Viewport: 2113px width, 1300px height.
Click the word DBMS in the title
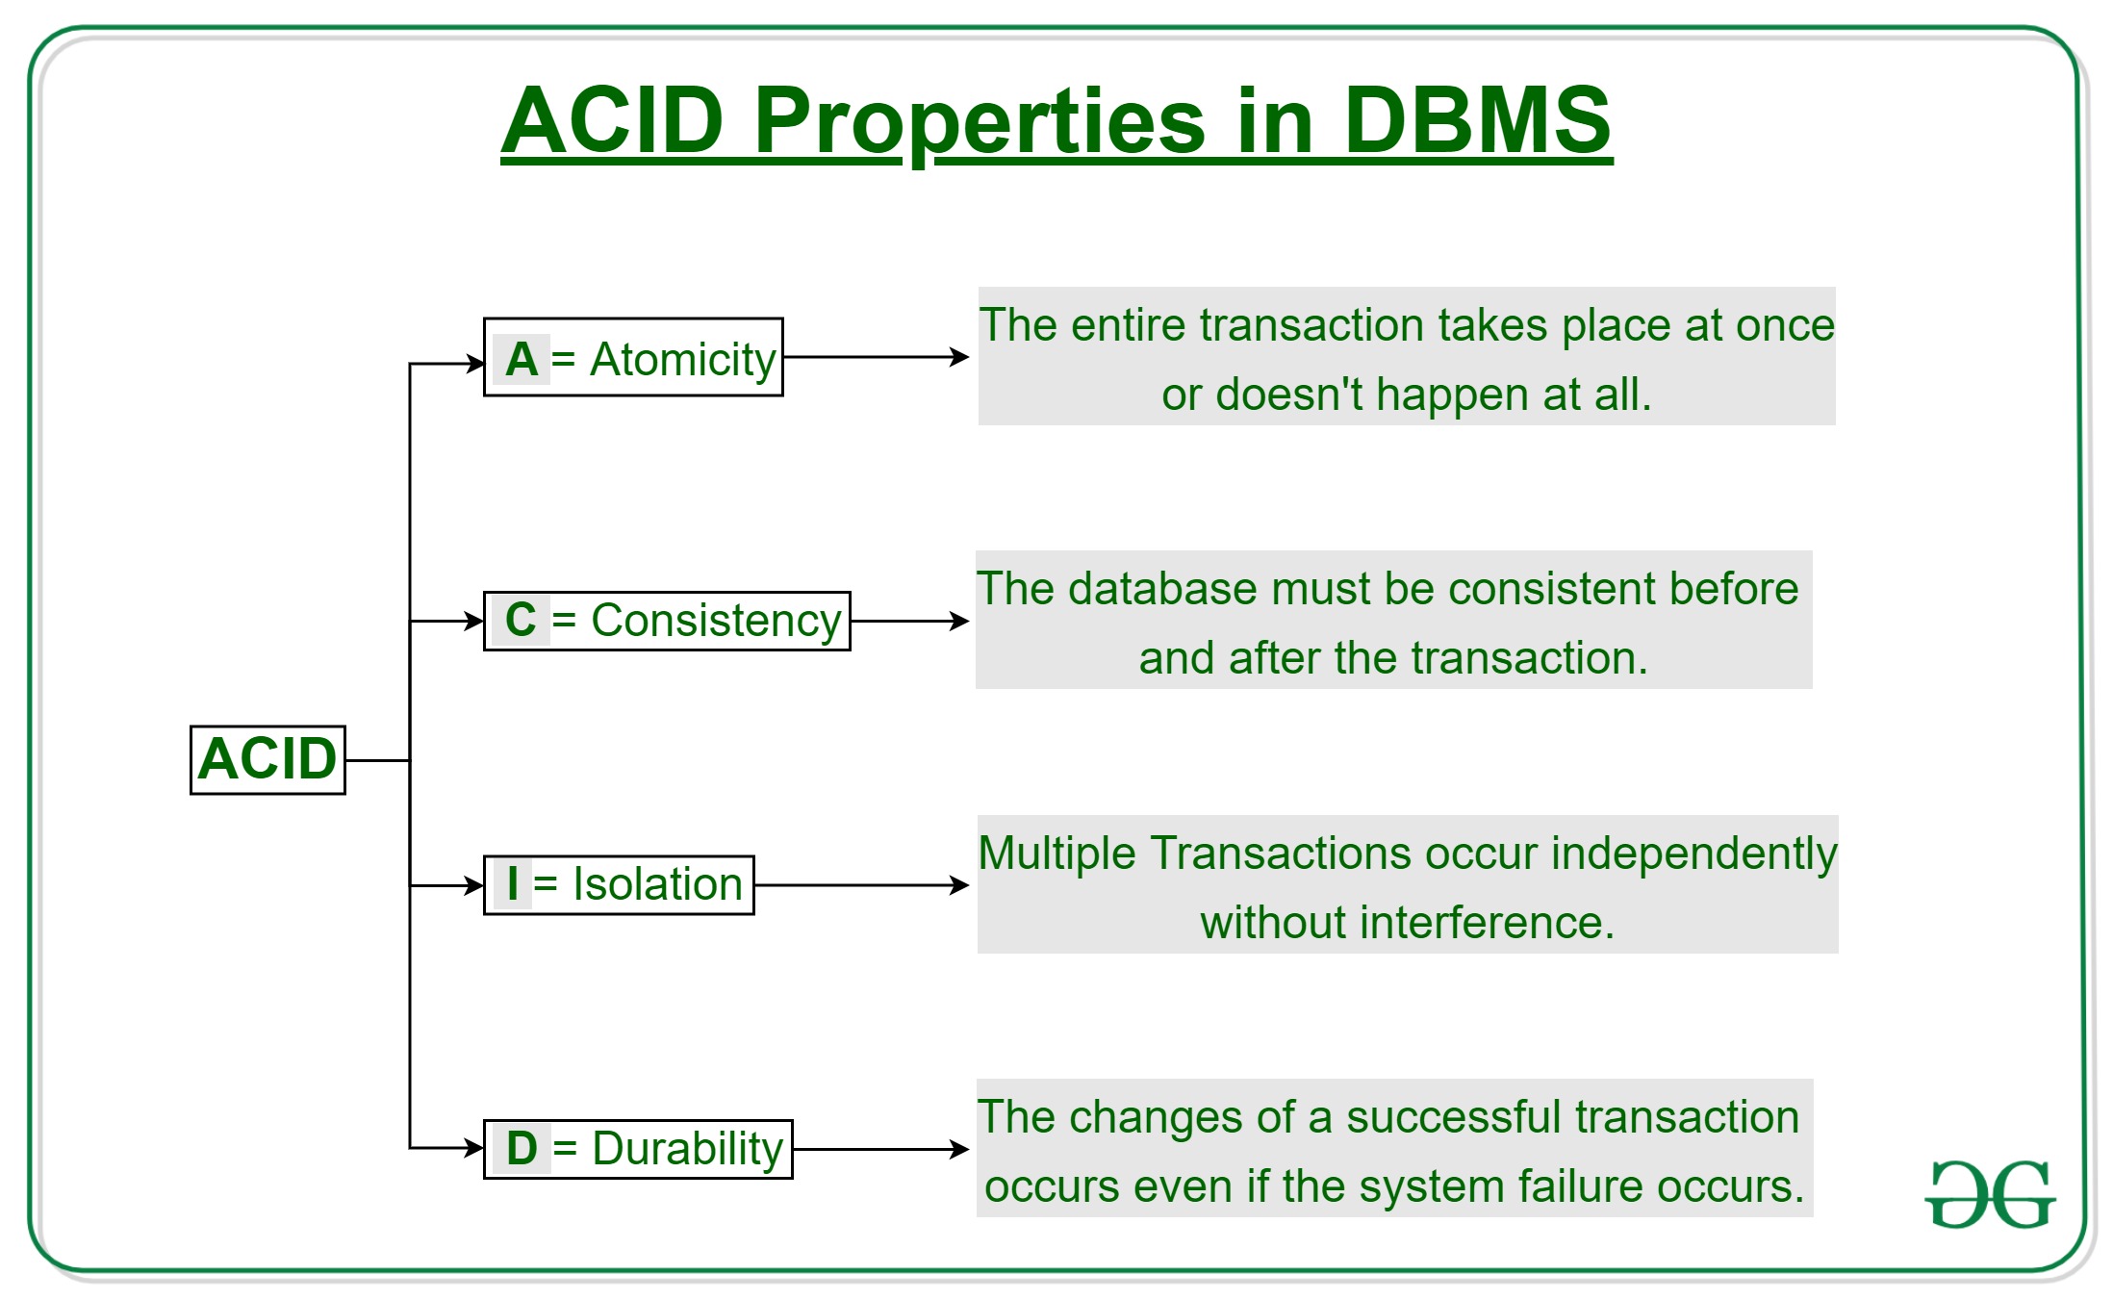pos(1476,120)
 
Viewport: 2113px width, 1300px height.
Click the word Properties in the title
pos(979,122)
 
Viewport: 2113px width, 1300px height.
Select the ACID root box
pos(267,759)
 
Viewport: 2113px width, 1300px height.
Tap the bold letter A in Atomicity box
pos(521,359)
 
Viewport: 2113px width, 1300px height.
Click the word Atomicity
pos(682,359)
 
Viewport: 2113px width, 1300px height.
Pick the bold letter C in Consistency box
pos(521,620)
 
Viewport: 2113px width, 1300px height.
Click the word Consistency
pos(716,621)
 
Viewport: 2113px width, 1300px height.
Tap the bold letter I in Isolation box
pos(512,883)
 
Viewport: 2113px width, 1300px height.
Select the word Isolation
pos(657,884)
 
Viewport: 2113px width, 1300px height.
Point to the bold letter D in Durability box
pos(522,1148)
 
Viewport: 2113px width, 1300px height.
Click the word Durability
pos(687,1149)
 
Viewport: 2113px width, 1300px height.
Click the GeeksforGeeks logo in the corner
pos(1990,1194)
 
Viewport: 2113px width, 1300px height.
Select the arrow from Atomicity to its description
pos(876,357)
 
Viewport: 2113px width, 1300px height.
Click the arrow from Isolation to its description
pos(861,885)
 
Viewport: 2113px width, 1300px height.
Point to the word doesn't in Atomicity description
pos(1288,395)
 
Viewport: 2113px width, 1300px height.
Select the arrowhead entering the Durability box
pos(474,1148)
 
